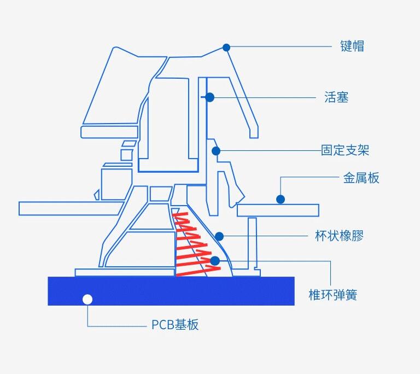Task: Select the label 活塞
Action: click(x=336, y=98)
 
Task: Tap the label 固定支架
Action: click(x=349, y=150)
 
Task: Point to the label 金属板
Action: click(x=361, y=178)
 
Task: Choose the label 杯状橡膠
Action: click(x=339, y=236)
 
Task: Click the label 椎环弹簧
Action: click(x=333, y=296)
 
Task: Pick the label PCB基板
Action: click(x=175, y=325)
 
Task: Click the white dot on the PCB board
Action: click(x=87, y=299)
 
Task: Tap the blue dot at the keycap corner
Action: click(x=226, y=48)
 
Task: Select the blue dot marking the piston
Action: click(x=209, y=97)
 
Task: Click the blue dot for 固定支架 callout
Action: click(x=216, y=150)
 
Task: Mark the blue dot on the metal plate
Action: click(x=281, y=200)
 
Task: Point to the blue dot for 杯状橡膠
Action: click(x=219, y=236)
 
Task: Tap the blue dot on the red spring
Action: click(x=214, y=261)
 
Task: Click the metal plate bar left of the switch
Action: click(x=66, y=208)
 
